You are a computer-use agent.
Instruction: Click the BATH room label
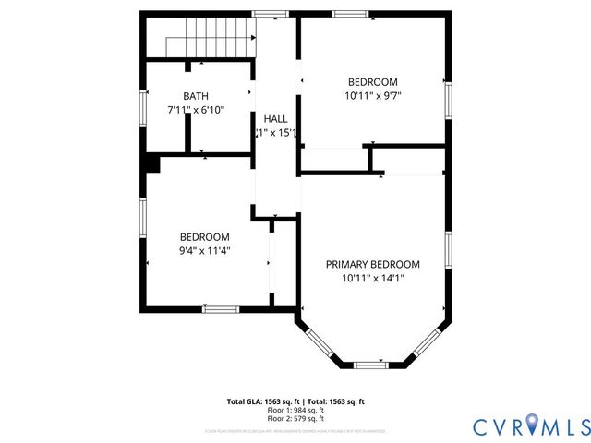196,96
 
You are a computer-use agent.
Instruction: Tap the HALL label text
275,119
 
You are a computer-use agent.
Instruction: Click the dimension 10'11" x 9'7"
373,95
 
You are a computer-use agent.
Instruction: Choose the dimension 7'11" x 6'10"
196,110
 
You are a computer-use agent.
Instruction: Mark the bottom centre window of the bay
371,365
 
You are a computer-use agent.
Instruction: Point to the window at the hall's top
269,14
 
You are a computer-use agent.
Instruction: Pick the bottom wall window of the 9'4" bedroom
220,308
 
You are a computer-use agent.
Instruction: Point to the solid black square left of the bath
151,163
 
